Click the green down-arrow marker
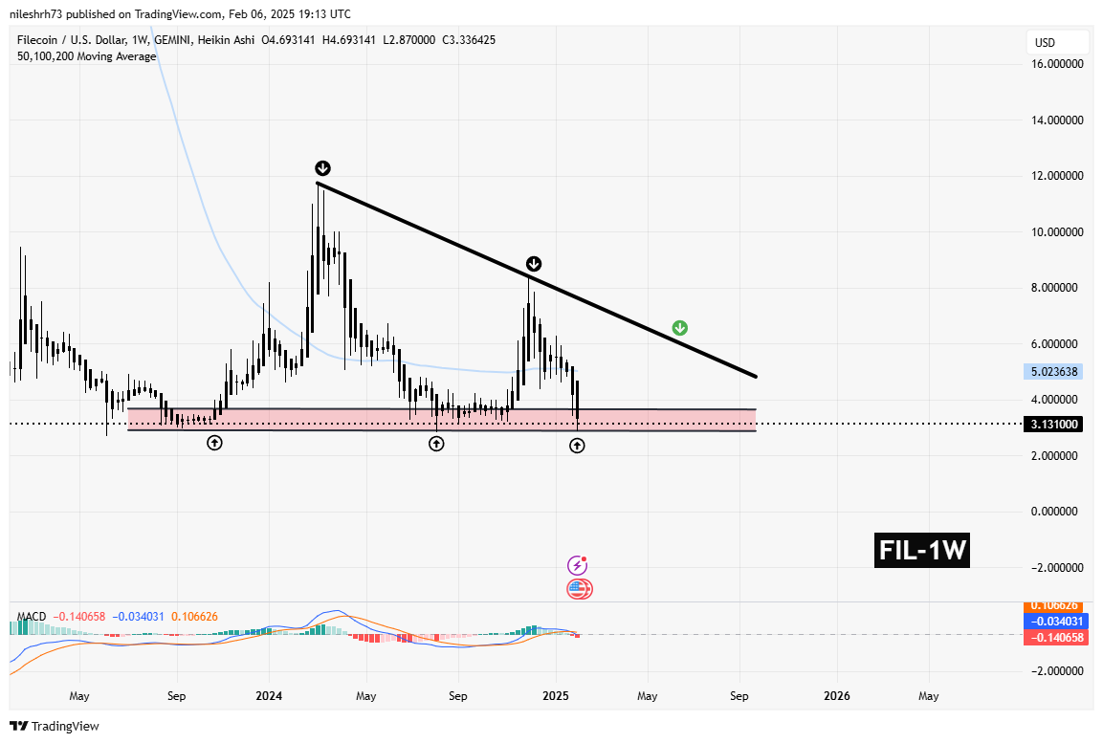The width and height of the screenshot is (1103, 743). (679, 328)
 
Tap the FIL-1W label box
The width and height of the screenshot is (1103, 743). (922, 551)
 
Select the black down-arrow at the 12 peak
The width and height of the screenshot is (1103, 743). (322, 168)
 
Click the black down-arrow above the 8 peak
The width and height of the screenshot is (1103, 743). (534, 263)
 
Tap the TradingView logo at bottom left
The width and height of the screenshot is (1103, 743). (55, 726)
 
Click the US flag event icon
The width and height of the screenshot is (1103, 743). (579, 589)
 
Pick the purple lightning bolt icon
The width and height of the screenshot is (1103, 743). (577, 565)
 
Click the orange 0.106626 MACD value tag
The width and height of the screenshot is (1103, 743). (1056, 605)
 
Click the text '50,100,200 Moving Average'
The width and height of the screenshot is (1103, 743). (87, 57)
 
